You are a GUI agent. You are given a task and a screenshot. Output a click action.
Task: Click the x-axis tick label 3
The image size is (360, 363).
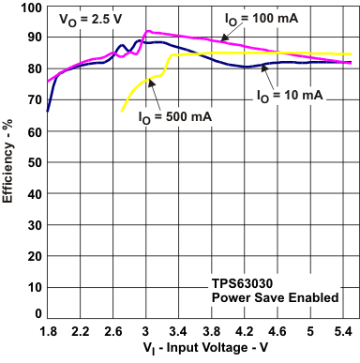(145, 332)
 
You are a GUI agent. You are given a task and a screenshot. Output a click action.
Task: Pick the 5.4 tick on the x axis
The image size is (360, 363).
(342, 332)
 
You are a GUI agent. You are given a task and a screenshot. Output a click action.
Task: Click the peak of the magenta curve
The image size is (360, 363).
(146, 31)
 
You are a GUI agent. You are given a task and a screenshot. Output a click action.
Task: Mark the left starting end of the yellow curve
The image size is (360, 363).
(122, 112)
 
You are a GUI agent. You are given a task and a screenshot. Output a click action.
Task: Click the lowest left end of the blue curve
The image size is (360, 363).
(47, 112)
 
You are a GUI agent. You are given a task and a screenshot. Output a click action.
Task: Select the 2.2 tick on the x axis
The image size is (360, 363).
(80, 332)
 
